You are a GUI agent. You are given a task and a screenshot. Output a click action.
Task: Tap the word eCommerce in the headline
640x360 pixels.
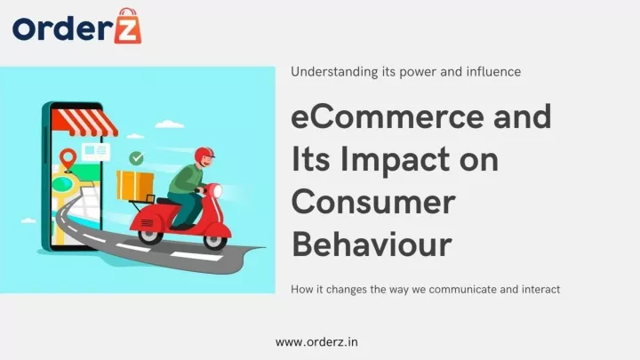pyautogui.click(x=388, y=116)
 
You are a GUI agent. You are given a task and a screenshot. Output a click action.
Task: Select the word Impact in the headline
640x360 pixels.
pyautogui.click(x=395, y=161)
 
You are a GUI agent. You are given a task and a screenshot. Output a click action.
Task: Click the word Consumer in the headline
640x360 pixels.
pyautogui.click(x=373, y=202)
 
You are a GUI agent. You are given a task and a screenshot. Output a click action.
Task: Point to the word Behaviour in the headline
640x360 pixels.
pyautogui.click(x=372, y=244)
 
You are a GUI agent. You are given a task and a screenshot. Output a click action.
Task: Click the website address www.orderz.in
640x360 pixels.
pyautogui.click(x=316, y=342)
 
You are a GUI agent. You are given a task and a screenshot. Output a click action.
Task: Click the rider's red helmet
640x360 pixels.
pyautogui.click(x=204, y=156)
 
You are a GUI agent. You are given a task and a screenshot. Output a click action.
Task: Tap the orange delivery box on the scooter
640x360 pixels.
pyautogui.click(x=135, y=186)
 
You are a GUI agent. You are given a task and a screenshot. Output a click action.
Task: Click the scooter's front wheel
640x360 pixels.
pyautogui.click(x=215, y=241)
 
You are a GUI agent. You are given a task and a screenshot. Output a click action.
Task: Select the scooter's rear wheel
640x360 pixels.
pyautogui.click(x=150, y=236)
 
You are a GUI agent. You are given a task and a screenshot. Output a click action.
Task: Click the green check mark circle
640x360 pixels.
pyautogui.click(x=136, y=158)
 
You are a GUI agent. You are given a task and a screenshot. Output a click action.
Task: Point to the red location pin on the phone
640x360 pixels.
pyautogui.click(x=68, y=159)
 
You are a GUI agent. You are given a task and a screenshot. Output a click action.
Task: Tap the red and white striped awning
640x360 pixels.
pyautogui.click(x=85, y=122)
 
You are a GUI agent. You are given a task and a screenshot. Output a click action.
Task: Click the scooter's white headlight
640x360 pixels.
pyautogui.click(x=217, y=191)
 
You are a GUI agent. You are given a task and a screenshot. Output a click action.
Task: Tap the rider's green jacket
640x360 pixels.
pyautogui.click(x=186, y=179)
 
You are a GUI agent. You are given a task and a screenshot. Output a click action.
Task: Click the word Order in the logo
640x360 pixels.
pyautogui.click(x=62, y=28)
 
